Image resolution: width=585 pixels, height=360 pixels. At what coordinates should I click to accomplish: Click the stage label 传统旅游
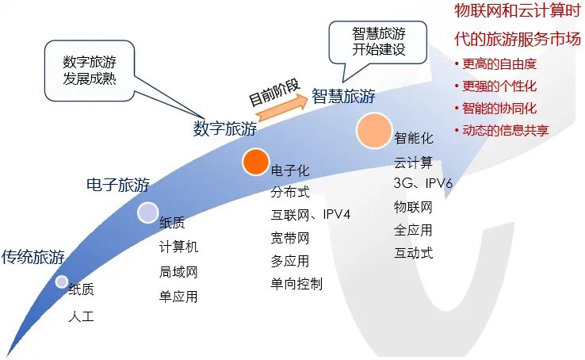pyautogui.click(x=32, y=257)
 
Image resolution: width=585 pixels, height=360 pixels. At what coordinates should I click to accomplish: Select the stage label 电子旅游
pyautogui.click(x=117, y=186)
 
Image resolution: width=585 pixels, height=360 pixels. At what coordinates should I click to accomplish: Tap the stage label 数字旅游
pyautogui.click(x=225, y=128)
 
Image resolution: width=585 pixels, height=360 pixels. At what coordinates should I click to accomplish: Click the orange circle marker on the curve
pyautogui.click(x=255, y=162)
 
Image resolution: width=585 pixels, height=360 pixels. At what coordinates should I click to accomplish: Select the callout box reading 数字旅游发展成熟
pyautogui.click(x=94, y=71)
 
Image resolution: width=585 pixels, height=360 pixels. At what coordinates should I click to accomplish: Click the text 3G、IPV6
pyautogui.click(x=422, y=184)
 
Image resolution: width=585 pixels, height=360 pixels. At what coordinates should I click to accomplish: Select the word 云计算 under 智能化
pyautogui.click(x=414, y=162)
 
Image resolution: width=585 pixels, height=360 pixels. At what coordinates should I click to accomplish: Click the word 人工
pyautogui.click(x=81, y=316)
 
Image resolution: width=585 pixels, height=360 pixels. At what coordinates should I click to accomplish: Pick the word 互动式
pyautogui.click(x=414, y=253)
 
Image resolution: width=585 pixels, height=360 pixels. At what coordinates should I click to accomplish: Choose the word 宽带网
pyautogui.click(x=290, y=238)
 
